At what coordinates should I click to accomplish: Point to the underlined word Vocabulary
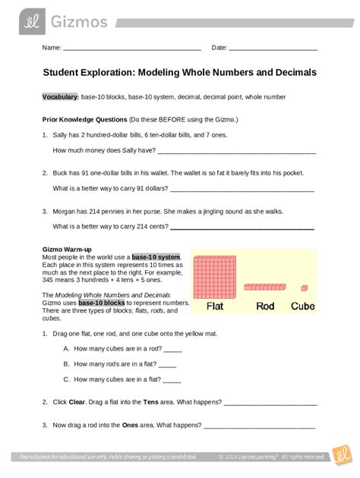(x=59, y=99)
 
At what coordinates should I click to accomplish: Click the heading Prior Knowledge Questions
(x=83, y=119)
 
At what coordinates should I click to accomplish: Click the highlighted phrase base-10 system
(x=156, y=256)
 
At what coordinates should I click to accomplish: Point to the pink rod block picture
(x=265, y=288)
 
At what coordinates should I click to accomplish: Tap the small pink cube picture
(x=305, y=288)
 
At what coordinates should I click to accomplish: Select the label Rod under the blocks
(x=265, y=307)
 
